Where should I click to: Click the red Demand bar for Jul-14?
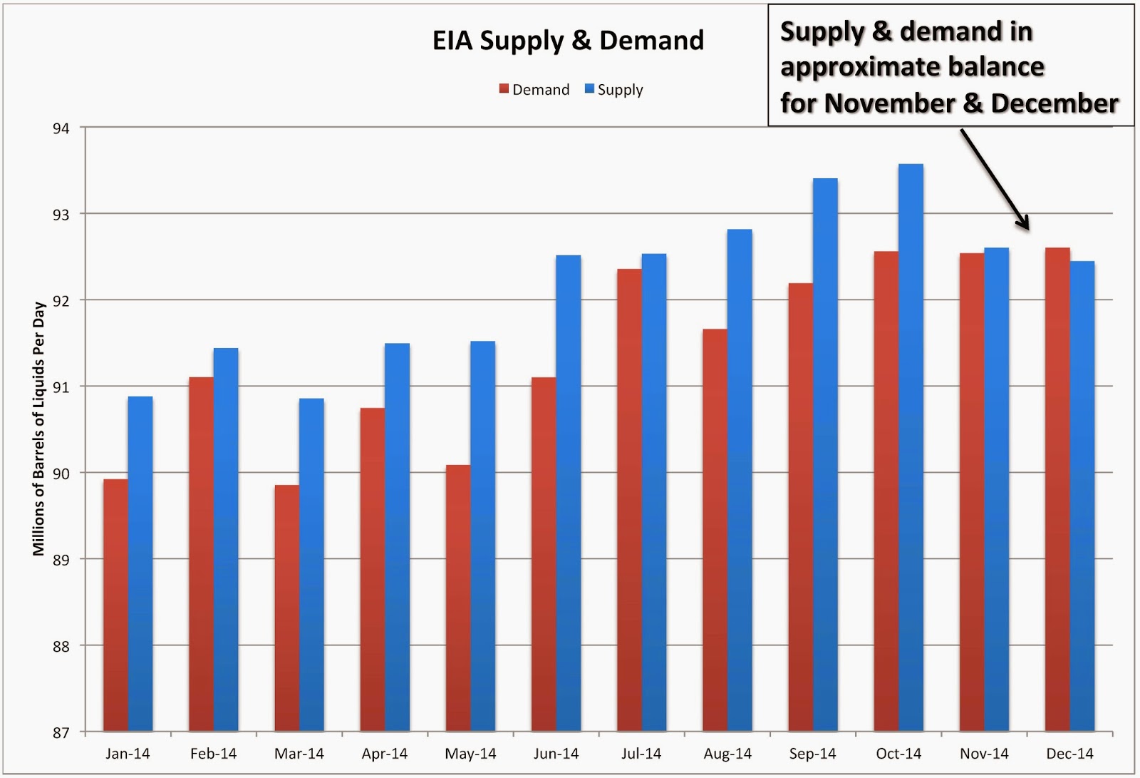click(x=629, y=499)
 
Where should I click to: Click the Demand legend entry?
click(x=534, y=90)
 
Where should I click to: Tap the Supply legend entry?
click(x=614, y=90)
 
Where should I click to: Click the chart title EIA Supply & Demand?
click(x=568, y=41)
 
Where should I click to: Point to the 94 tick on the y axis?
click(x=61, y=128)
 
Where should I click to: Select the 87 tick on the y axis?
click(x=61, y=733)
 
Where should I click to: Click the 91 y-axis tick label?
click(x=61, y=387)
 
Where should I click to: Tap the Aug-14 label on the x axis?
click(x=727, y=754)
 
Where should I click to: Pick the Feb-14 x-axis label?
click(x=213, y=754)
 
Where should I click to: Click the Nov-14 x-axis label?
click(x=984, y=754)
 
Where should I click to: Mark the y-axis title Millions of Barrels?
click(x=38, y=428)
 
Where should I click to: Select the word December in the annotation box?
click(x=1054, y=103)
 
